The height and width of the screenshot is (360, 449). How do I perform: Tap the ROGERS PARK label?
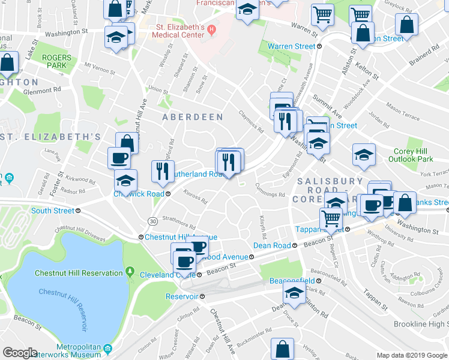[x=56, y=61]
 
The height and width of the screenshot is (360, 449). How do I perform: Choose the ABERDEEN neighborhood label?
[x=193, y=117]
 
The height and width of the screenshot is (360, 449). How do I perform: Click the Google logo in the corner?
[x=20, y=353]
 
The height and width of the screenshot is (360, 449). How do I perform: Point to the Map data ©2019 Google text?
[x=411, y=355]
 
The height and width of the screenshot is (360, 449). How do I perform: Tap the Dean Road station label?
[x=273, y=245]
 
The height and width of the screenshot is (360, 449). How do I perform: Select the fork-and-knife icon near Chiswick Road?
[x=163, y=170]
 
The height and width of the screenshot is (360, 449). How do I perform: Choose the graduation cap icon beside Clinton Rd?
[x=294, y=293]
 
